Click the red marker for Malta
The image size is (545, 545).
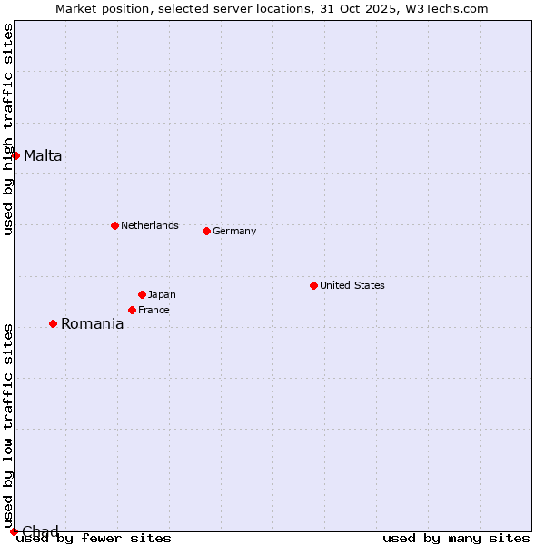click(15, 155)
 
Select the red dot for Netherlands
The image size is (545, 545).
click(114, 225)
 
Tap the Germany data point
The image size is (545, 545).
click(206, 231)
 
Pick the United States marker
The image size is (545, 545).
click(313, 285)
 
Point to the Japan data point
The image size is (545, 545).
click(142, 294)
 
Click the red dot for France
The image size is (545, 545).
click(132, 310)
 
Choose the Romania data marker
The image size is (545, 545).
click(53, 323)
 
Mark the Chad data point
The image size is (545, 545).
click(14, 531)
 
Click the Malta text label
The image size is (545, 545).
click(43, 155)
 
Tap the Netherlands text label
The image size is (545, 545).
click(150, 225)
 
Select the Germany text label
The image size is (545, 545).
click(234, 231)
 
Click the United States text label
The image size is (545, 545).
click(352, 285)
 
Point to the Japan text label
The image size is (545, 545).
click(162, 294)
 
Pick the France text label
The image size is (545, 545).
click(154, 310)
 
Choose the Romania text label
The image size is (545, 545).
click(92, 323)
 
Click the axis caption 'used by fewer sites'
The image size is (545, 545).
click(94, 539)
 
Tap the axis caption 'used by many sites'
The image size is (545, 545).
click(456, 539)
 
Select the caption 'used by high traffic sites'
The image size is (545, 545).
click(8, 129)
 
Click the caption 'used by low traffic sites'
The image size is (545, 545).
click(8, 425)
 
